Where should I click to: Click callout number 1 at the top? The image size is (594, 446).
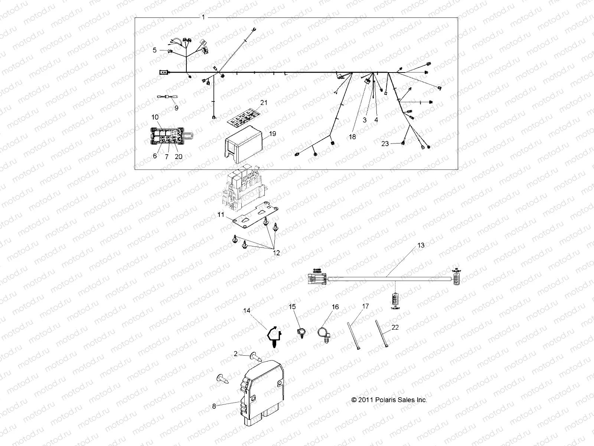(203, 17)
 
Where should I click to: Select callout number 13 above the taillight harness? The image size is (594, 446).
(421, 245)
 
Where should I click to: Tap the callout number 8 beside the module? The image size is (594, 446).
(214, 406)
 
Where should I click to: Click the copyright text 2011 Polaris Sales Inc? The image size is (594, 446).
(389, 400)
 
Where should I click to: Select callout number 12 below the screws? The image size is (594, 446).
(277, 253)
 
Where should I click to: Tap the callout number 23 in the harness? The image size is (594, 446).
(385, 143)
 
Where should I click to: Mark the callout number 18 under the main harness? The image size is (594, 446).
(352, 137)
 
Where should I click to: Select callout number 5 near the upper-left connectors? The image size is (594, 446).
(155, 50)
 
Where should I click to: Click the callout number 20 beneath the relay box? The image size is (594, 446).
(178, 156)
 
